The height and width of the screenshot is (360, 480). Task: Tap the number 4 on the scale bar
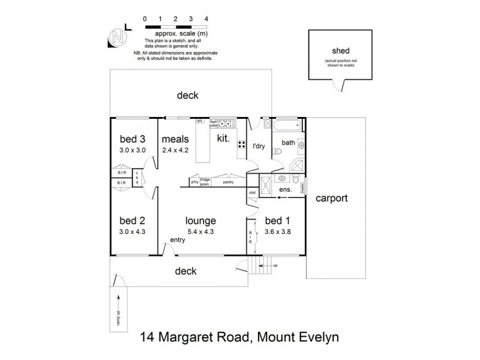click(206, 19)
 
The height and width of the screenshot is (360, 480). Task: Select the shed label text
click(340, 52)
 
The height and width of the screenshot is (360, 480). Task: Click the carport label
click(332, 198)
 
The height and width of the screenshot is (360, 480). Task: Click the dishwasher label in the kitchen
click(213, 122)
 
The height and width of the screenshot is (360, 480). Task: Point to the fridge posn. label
click(205, 181)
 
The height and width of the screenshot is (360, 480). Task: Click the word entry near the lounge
click(178, 240)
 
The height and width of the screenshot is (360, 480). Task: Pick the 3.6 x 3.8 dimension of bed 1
click(277, 231)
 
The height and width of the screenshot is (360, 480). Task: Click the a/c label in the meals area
click(200, 121)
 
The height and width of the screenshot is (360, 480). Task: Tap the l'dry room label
click(259, 146)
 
